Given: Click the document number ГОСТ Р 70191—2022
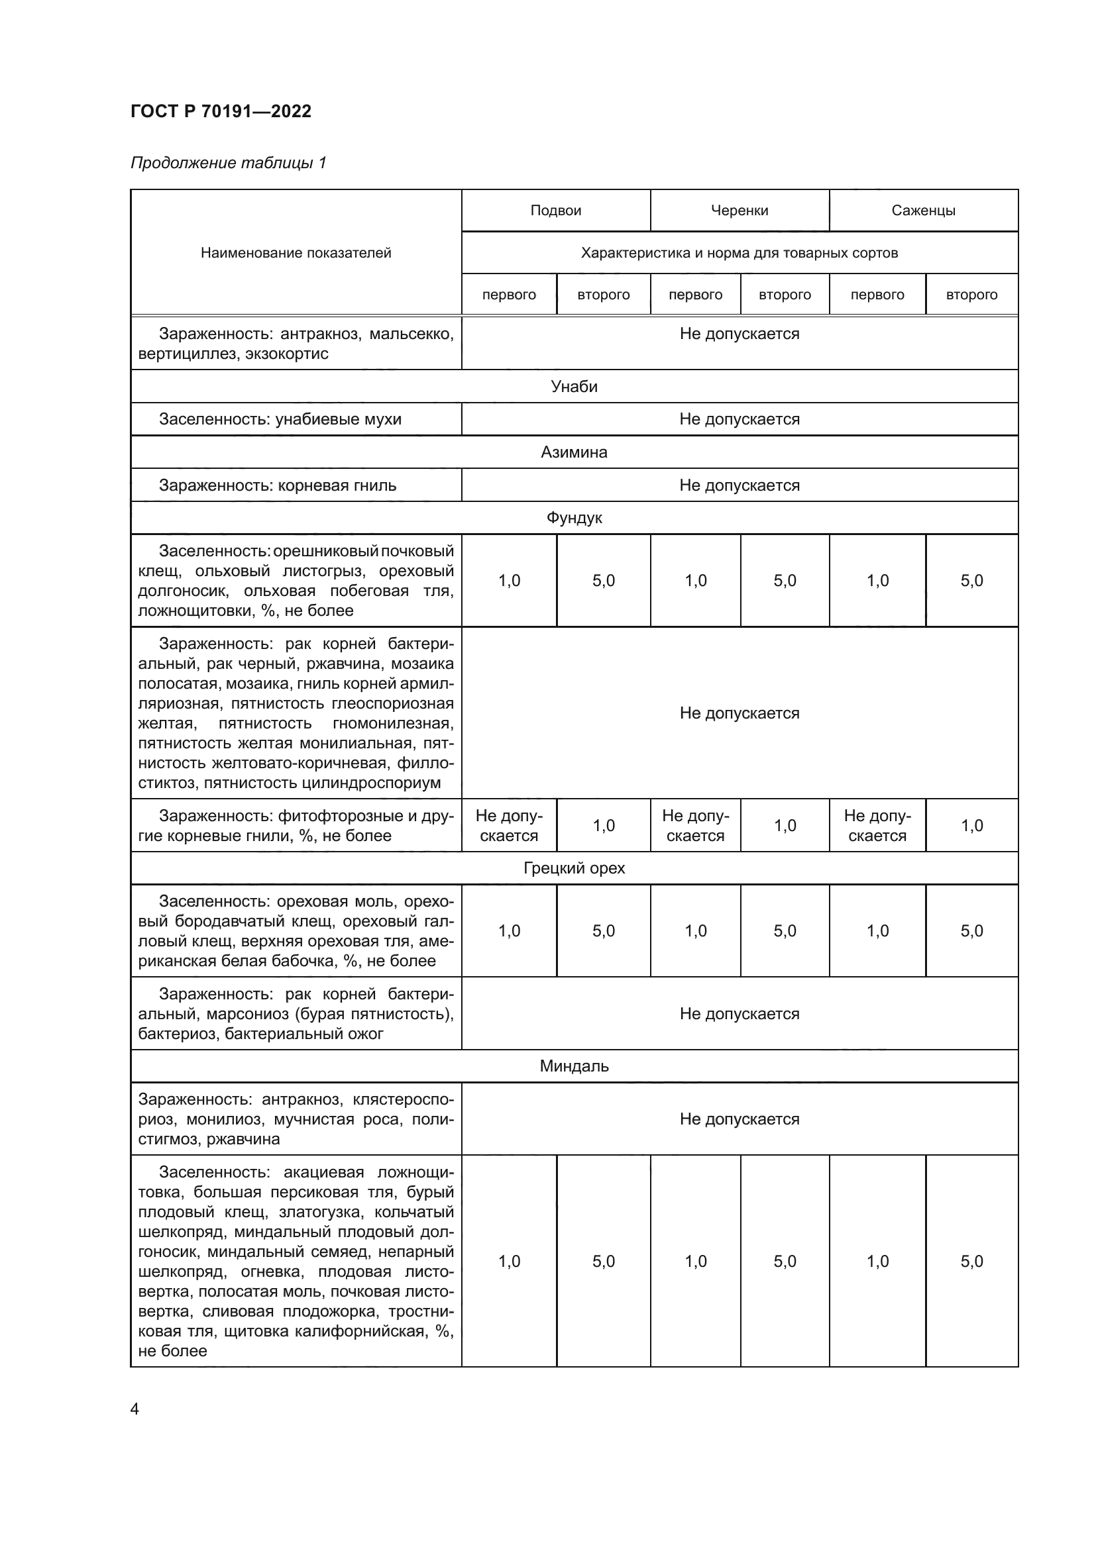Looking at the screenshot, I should pos(221,111).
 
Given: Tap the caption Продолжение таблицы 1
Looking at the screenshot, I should pos(228,163).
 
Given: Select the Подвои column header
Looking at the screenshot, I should pos(555,211).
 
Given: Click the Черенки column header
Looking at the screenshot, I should pos(739,211).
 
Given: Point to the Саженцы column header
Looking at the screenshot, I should pos(922,211).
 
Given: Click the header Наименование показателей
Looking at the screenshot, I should pos(296,253).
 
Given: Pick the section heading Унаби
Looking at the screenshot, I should pos(574,387).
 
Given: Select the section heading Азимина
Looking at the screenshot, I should pos(574,452).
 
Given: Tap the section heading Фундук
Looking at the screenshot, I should pos(574,518).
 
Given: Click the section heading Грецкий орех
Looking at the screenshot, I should pos(574,868).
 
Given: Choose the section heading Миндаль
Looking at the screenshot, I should pos(574,1067).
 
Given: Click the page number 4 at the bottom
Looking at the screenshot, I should pos(135,1409).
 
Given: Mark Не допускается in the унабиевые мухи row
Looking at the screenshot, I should pos(739,419).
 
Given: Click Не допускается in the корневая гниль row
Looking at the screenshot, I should pos(739,485).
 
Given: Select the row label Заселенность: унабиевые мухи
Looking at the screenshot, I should pos(280,419).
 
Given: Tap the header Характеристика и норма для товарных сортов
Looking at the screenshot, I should pos(739,253).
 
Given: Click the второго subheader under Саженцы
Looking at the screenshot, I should pos(971,295).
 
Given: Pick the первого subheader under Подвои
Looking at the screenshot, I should pos(509,295).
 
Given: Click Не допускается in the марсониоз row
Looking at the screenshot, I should pos(739,1014).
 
